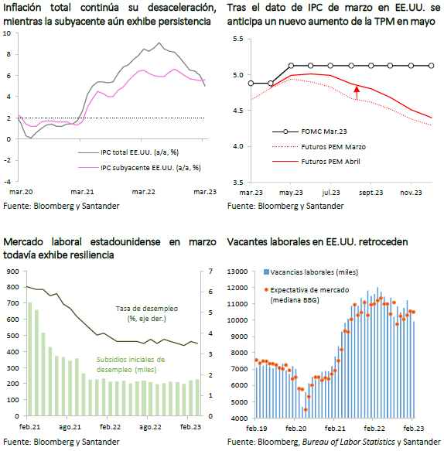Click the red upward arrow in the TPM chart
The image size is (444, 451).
357,93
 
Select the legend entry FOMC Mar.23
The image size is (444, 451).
309,132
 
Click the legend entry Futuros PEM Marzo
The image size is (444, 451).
319,147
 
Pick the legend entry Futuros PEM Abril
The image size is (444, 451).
316,162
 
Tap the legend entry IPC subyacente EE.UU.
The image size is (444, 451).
139,168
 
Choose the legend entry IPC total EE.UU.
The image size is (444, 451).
128,152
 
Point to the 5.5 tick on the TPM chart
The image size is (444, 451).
237,39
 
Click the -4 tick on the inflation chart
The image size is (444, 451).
7,182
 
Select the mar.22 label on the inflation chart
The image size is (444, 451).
144,192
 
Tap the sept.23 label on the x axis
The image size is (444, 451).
371,193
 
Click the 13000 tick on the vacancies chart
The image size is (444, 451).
237,272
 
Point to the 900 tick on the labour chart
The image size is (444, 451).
12,272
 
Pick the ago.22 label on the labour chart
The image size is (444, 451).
150,427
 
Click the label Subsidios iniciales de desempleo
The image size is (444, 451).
131,364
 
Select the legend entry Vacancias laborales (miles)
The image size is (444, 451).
311,272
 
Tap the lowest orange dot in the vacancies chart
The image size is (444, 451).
306,409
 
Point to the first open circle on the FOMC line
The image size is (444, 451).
251,83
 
